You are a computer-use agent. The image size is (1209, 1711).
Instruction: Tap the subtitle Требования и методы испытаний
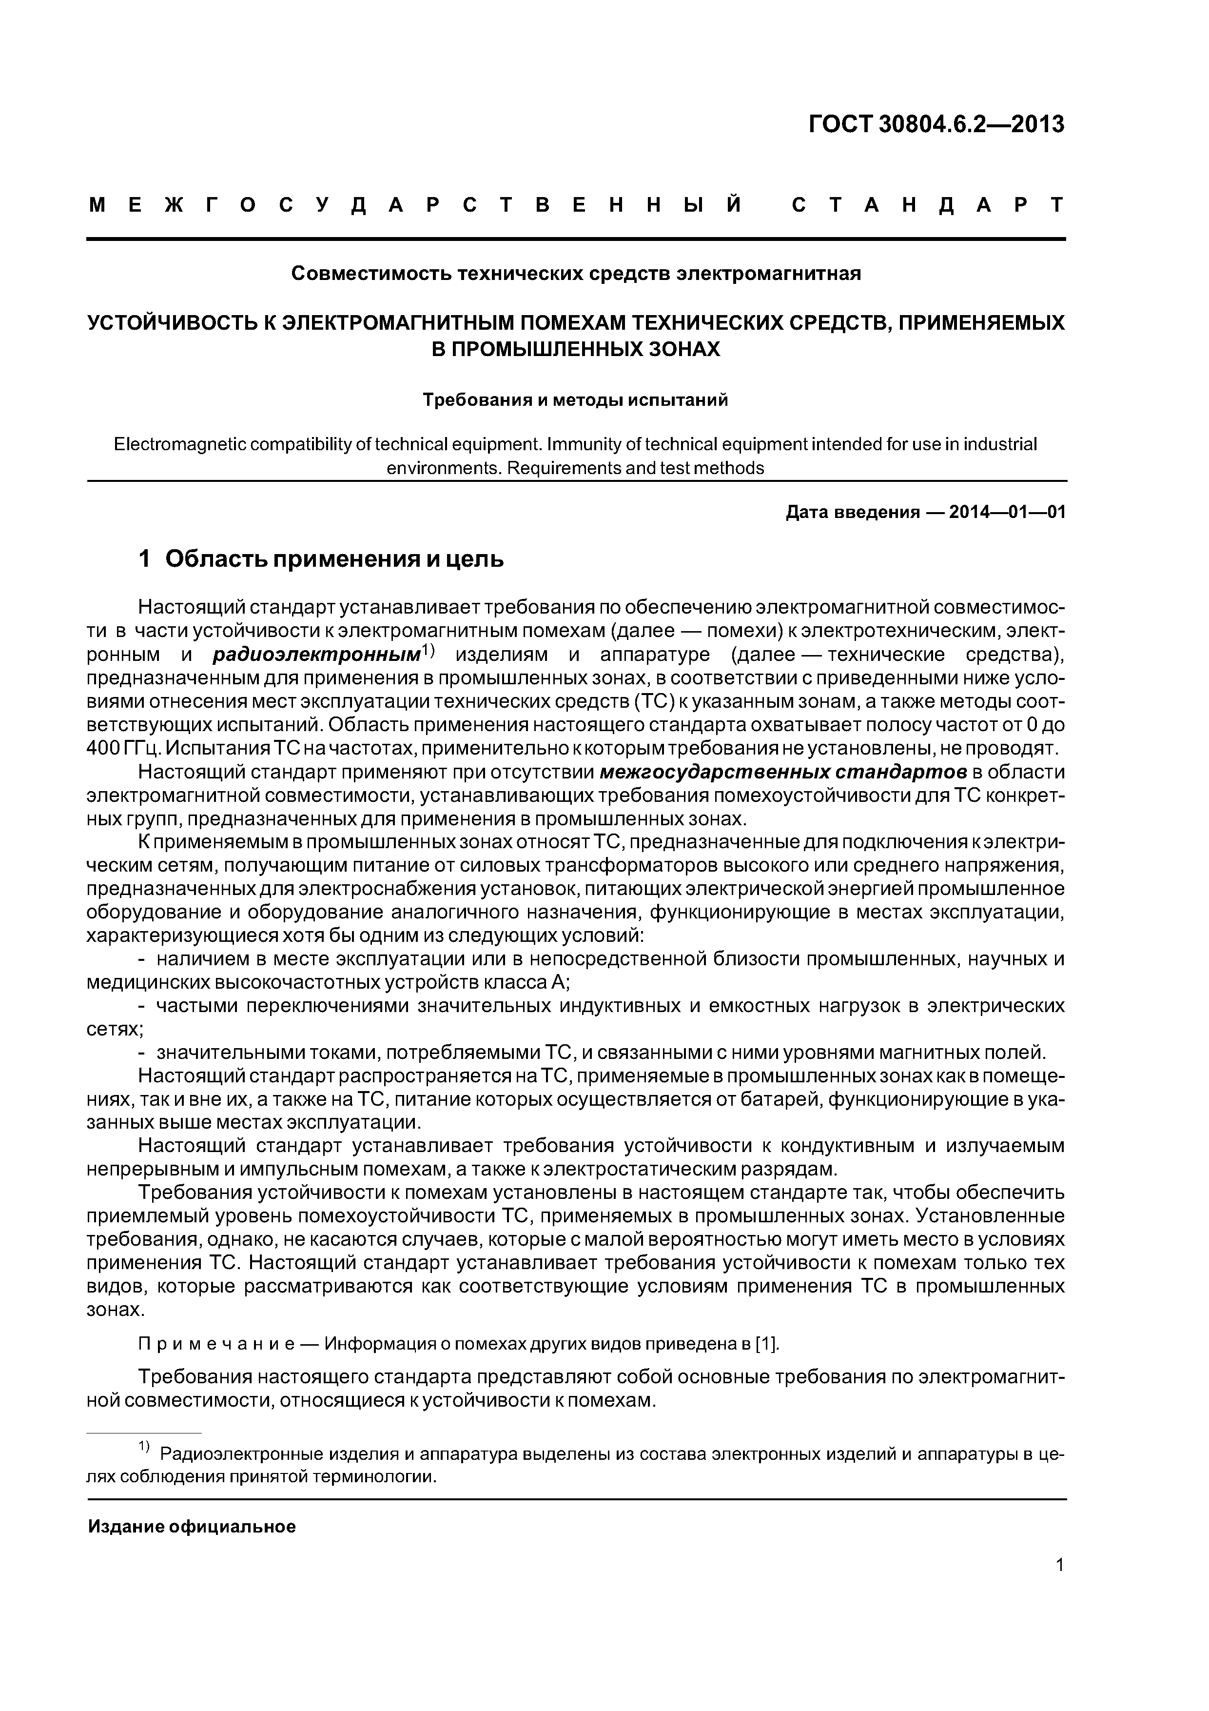click(x=575, y=400)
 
